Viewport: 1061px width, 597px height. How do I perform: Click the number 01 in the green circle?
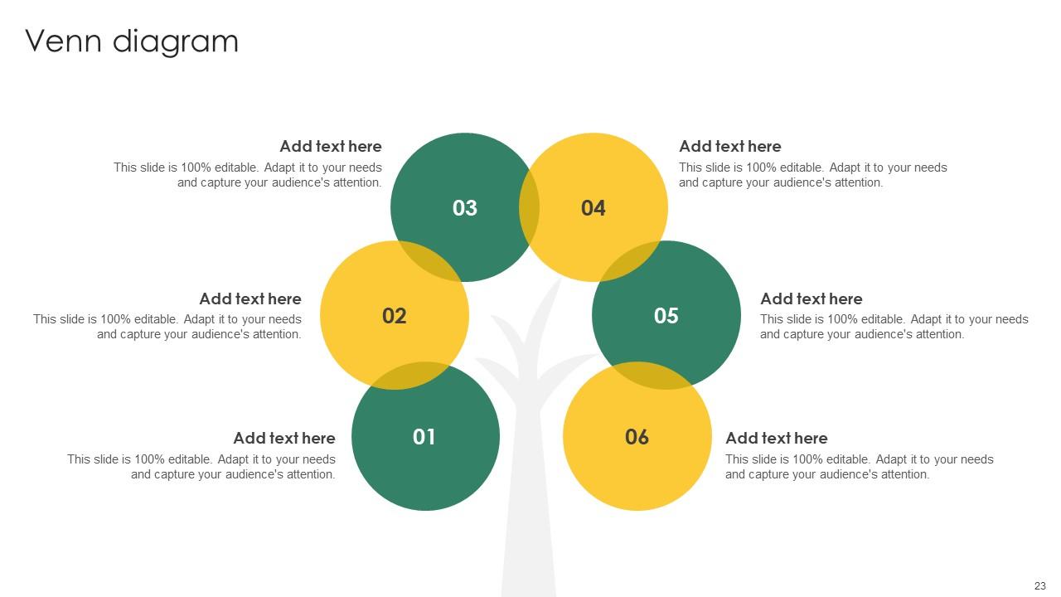coord(424,437)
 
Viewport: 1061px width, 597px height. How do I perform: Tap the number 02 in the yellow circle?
coord(395,316)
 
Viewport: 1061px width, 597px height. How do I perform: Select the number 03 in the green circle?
coord(465,208)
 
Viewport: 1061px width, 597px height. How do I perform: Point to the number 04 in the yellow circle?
coord(593,208)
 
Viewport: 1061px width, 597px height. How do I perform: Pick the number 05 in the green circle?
coord(666,316)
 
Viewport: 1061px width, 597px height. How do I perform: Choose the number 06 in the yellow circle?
coord(637,437)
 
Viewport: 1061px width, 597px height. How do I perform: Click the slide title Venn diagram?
coord(132,41)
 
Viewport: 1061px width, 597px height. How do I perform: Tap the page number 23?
coord(1040,585)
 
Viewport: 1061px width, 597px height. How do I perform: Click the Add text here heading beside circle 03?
coord(331,147)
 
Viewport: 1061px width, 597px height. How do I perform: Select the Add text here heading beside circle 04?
coord(730,147)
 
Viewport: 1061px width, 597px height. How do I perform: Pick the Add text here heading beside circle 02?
coord(250,299)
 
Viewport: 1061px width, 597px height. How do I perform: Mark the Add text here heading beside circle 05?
coord(811,299)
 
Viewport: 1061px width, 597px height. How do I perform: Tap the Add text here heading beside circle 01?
coord(284,439)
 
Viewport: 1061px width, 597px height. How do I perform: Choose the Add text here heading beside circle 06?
coord(777,439)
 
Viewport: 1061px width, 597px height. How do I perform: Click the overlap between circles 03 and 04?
coord(530,207)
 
